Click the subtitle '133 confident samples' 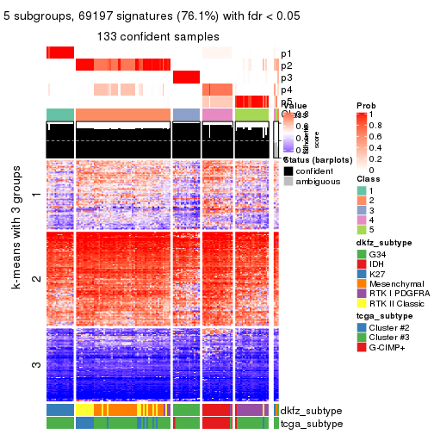coord(158,36)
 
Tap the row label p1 coord(286,53)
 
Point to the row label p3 coord(286,77)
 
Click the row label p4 coord(286,90)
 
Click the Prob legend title coord(366,104)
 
